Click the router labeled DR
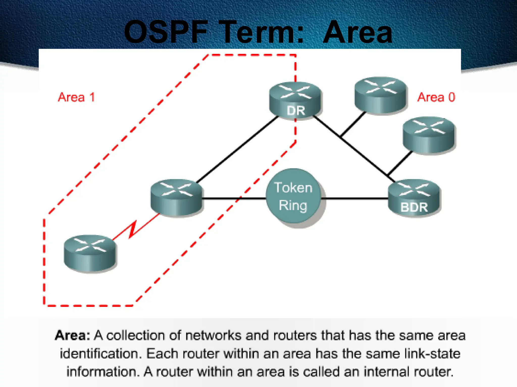[x=295, y=101]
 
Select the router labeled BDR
[x=414, y=198]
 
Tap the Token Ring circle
[x=293, y=196]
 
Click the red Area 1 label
[x=76, y=97]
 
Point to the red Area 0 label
[x=436, y=97]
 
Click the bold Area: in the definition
[x=72, y=336]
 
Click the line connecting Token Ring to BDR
[x=355, y=199]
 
